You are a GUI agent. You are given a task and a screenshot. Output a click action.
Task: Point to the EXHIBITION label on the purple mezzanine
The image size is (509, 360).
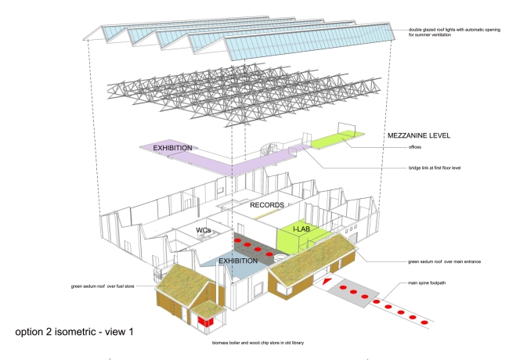173,147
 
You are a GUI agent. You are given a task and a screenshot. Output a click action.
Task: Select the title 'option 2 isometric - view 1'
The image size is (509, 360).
74,332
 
